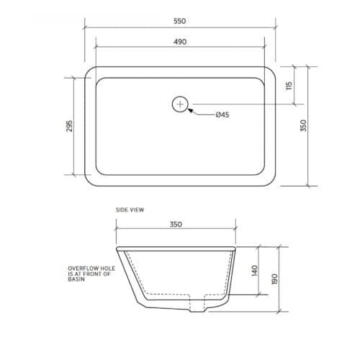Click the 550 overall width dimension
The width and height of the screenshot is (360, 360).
(179, 21)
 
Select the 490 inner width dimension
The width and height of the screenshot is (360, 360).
(179, 42)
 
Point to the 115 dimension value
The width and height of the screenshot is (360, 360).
(289, 85)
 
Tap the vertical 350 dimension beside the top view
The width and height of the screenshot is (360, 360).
(303, 125)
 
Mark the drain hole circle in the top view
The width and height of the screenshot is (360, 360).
(180, 105)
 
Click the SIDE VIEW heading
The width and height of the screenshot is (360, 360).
(130, 210)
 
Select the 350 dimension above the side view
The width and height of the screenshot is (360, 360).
(176, 225)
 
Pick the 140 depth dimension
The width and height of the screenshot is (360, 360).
(253, 271)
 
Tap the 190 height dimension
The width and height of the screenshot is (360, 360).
(274, 278)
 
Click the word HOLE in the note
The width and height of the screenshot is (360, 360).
(102, 267)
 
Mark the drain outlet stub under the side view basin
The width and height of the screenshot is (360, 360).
(195, 307)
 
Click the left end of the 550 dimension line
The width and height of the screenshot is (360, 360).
(84, 29)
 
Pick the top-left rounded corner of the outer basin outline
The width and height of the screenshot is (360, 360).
(89, 71)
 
